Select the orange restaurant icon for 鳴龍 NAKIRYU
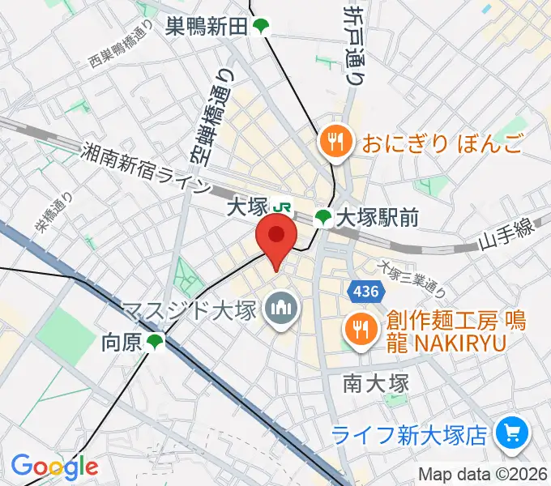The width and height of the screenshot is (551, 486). [x=357, y=328]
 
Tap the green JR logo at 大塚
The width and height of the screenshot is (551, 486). [x=283, y=207]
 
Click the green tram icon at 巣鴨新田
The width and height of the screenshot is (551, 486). [x=260, y=27]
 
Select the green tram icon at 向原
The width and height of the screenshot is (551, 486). [x=154, y=343]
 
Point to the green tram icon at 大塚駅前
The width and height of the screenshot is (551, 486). [x=323, y=217]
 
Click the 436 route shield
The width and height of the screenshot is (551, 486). [x=362, y=289]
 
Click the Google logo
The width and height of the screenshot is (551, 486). [x=54, y=467]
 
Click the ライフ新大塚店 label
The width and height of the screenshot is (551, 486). [x=411, y=434]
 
